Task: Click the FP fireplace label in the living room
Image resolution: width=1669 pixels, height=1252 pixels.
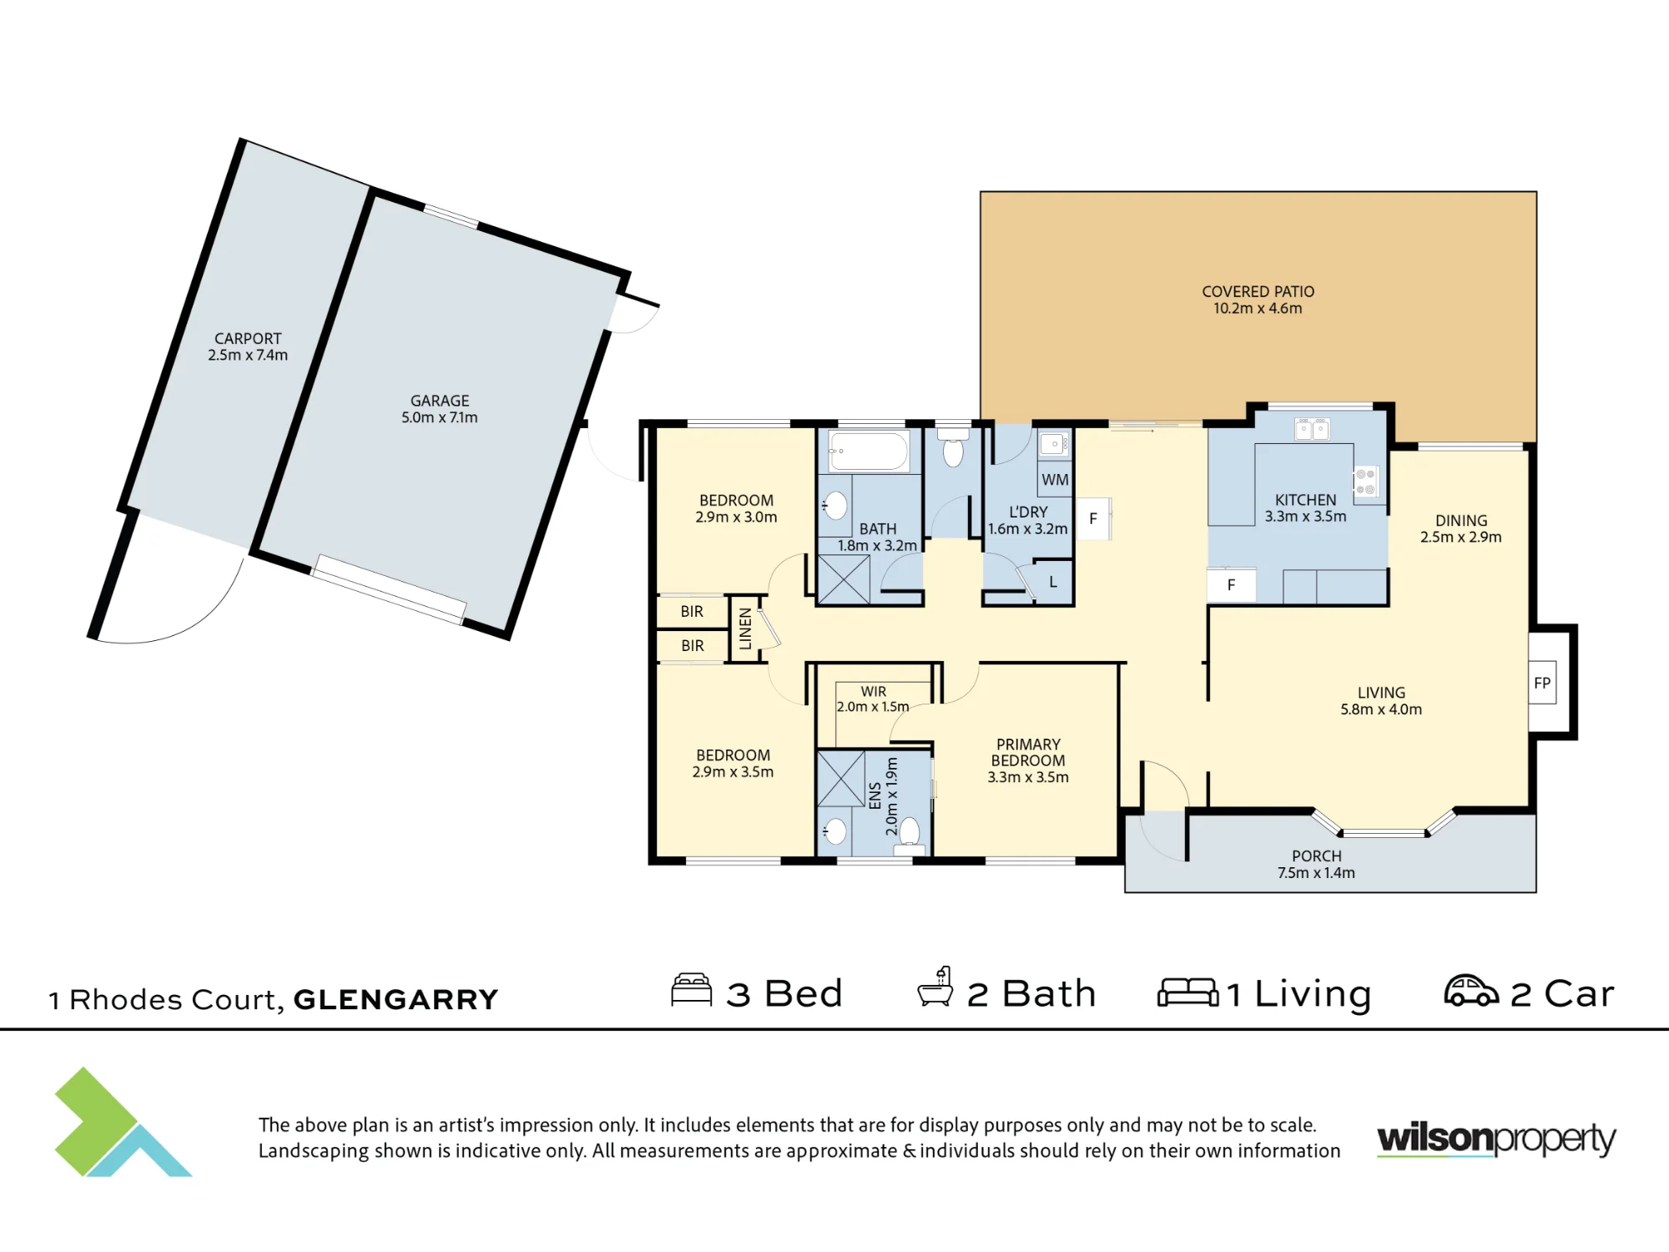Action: point(1542,683)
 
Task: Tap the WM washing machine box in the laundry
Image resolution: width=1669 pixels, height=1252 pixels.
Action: point(1055,479)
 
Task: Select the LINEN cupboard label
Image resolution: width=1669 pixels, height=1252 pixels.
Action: point(746,629)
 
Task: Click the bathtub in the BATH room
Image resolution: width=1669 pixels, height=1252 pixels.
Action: point(869,451)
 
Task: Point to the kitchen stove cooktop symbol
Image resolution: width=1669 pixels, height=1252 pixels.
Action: point(1365,482)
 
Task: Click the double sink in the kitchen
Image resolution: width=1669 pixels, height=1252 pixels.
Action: point(1312,430)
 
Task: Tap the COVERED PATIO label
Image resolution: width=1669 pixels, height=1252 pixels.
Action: point(1258,291)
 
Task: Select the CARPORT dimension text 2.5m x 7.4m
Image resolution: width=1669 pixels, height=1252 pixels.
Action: point(248,355)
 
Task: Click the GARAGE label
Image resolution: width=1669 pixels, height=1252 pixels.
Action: point(440,401)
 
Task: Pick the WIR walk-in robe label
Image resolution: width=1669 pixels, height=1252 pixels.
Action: point(874,691)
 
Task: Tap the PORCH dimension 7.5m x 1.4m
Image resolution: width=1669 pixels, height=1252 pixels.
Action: point(1316,872)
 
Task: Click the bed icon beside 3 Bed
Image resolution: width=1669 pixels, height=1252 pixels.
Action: point(692,990)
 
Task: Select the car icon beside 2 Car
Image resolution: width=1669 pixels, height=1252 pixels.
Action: point(1471,991)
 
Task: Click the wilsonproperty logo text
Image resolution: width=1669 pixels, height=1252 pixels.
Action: point(1496,1140)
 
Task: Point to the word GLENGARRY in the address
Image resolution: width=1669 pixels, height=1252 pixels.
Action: point(396,999)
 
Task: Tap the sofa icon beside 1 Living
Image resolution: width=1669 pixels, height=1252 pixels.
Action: point(1188,992)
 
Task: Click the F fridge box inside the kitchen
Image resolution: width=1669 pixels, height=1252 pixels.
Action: point(1231,585)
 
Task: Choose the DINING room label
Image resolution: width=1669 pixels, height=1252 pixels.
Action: point(1461,520)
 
